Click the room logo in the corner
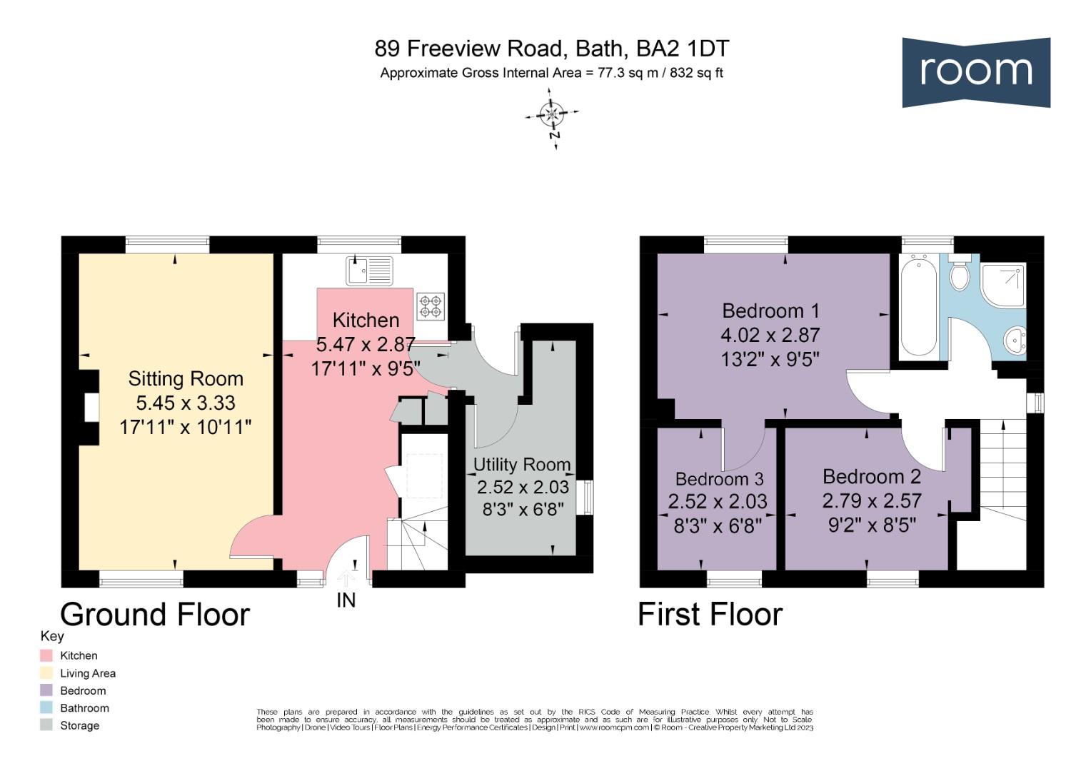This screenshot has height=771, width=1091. coord(976,72)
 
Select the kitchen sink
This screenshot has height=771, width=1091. coord(369,271)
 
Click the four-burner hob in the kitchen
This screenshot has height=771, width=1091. coord(431,306)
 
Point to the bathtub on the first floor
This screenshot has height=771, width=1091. coord(919,306)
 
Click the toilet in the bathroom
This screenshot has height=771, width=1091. coord(960,273)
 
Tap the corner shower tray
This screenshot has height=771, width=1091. coord(1003,285)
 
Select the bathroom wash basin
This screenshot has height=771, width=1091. coord(1015,339)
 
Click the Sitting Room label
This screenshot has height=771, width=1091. coord(186,378)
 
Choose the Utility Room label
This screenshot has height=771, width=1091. coord(522,464)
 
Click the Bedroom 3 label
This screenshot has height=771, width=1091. coord(719,479)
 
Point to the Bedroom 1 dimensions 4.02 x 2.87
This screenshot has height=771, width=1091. coord(770,335)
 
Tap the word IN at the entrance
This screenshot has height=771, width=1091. coord(346,600)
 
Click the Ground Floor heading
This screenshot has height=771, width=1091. coord(155,614)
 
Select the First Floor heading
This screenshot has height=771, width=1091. coord(710,614)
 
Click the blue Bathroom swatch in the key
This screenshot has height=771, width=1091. coord(46,707)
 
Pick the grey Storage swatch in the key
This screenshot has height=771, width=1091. coord(46,725)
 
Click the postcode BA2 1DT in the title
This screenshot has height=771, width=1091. coord(683,49)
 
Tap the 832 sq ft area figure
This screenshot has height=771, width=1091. coord(696,73)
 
